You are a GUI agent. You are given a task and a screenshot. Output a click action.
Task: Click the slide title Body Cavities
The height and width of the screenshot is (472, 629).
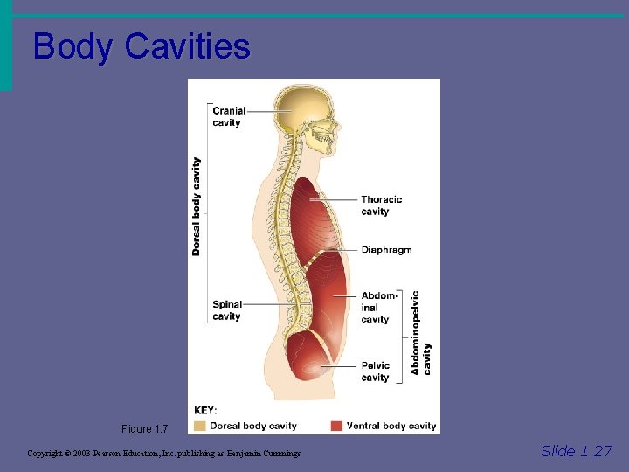pos(141,46)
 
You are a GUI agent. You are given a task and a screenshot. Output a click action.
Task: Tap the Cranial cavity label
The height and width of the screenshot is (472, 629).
pos(229,116)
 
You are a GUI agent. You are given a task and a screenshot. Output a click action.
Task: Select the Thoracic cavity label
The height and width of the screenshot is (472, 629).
pos(381,205)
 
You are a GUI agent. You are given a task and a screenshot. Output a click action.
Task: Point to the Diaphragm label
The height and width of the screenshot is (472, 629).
pos(386,250)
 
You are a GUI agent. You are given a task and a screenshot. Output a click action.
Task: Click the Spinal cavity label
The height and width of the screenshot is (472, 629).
pos(226,310)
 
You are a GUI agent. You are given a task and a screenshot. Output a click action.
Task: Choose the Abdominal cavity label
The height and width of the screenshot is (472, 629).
pos(378,308)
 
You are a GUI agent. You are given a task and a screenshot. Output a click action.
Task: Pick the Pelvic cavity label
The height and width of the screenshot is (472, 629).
pos(376,371)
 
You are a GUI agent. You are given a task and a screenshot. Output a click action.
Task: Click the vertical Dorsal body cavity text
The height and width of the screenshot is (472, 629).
pos(197,206)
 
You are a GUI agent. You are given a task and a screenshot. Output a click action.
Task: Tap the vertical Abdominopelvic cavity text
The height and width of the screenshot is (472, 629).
pos(421,333)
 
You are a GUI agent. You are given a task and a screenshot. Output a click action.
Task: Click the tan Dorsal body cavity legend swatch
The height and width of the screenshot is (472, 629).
pos(200,426)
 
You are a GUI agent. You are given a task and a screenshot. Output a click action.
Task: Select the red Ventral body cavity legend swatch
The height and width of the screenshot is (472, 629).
pos(336,426)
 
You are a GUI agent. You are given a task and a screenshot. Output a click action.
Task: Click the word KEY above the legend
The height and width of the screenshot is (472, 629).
pos(205,410)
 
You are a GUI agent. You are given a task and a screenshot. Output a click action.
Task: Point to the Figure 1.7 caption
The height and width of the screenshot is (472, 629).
pos(144,429)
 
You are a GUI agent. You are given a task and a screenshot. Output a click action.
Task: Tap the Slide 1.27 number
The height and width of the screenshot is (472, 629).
pos(576,451)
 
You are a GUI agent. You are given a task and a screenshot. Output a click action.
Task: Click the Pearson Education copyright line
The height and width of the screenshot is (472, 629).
pos(163,454)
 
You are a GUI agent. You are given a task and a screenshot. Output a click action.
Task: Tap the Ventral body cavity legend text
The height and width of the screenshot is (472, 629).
pos(391,426)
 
